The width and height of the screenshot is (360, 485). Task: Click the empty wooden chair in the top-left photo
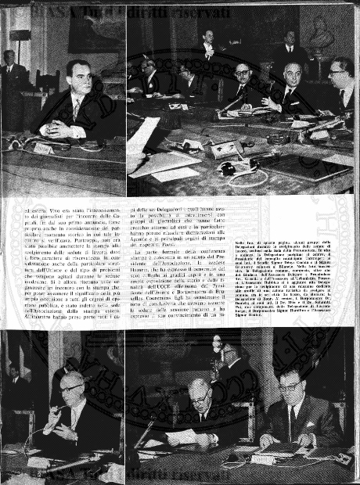[x=46, y=86]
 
